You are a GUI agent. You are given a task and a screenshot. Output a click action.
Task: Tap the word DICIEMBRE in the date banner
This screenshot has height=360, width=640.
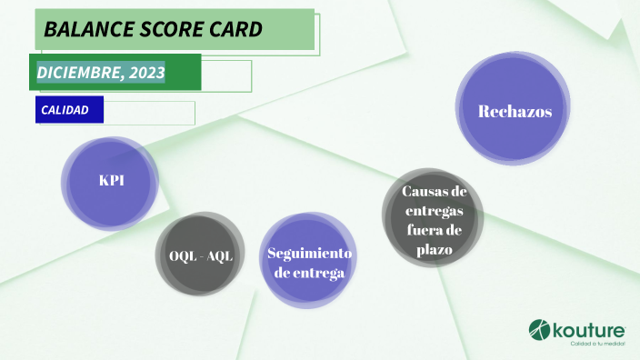pos(78,72)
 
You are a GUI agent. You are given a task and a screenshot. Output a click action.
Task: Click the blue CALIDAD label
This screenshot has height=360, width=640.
pos(65,110)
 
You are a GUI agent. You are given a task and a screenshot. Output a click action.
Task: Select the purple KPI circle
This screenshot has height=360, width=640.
pos(110,181)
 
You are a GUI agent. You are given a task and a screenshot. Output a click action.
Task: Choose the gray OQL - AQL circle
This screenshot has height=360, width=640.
pos(201,255)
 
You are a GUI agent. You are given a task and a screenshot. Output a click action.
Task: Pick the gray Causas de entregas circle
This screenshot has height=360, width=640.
pos(432,218)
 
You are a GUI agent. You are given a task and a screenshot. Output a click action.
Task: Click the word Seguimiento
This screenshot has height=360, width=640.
pos(309,252)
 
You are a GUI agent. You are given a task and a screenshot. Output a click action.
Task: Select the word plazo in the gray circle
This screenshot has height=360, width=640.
pos(430,248)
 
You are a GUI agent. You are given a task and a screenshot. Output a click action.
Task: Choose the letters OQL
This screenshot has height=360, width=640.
pos(182,255)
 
